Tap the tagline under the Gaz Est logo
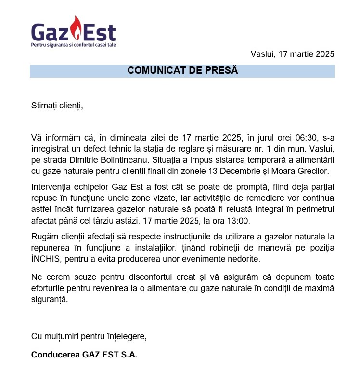coord(73,44)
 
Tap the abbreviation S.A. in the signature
coord(128,355)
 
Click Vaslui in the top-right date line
coord(262,54)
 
